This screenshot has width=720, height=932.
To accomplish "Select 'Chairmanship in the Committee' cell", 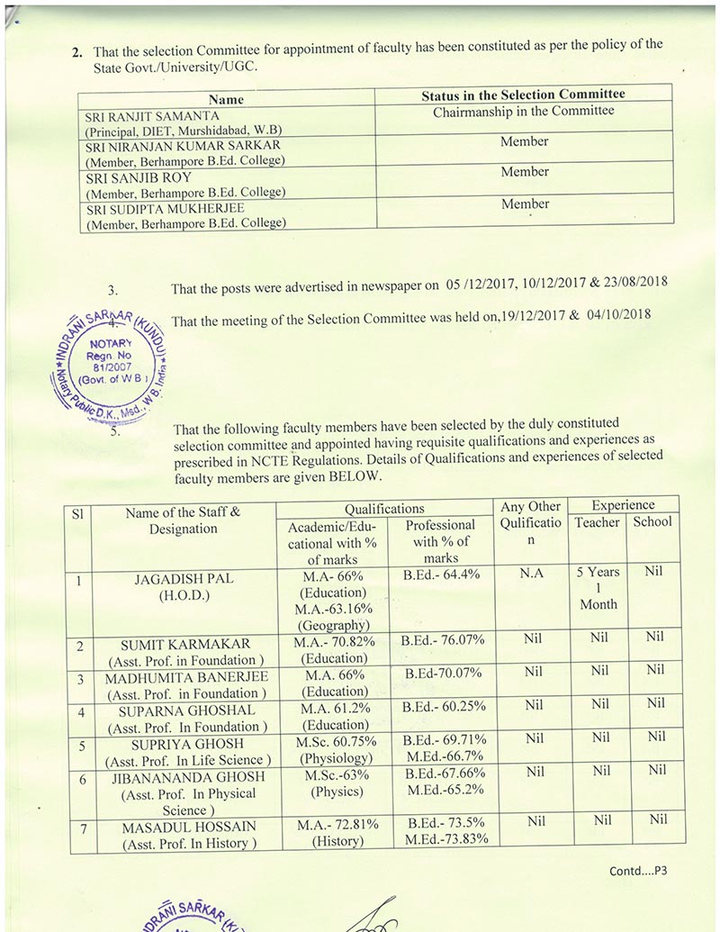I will click(524, 111).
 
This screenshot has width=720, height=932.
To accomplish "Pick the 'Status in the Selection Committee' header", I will click(524, 94).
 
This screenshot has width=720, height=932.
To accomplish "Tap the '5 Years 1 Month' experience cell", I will click(598, 588).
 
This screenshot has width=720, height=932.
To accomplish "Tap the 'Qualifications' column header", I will click(384, 508).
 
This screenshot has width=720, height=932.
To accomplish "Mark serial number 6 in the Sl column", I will click(81, 778).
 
